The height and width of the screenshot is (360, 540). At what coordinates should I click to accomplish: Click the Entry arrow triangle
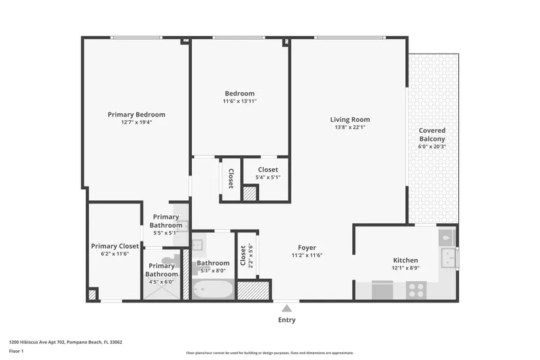coord(287,308)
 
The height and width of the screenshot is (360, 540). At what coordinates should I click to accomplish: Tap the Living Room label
coord(350,120)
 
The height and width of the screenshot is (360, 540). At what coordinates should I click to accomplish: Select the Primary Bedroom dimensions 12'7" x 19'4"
coord(136,122)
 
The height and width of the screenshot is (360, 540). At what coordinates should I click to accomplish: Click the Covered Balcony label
coord(432,135)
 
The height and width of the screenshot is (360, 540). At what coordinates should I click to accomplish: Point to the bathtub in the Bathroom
coord(213,289)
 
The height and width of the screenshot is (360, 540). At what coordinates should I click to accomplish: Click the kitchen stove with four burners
coord(416,290)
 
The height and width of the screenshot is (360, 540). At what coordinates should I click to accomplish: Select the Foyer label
coord(307,247)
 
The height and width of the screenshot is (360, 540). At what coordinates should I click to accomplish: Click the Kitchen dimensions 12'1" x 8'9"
coord(406,268)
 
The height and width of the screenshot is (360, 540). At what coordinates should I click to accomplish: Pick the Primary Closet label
coord(115,246)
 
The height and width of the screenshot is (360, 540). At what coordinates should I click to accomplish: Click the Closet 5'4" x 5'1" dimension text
coord(268,177)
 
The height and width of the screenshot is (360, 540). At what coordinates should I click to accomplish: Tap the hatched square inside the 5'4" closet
coord(250,193)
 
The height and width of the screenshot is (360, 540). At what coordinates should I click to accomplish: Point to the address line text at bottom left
coord(65,342)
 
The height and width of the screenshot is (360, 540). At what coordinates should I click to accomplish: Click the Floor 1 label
coord(16,351)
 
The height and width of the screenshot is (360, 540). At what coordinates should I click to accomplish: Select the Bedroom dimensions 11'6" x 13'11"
coord(240,101)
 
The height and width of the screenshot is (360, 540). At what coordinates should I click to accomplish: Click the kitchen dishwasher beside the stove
coord(382,290)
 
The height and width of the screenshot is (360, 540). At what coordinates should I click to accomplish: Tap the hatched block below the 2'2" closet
coord(253,291)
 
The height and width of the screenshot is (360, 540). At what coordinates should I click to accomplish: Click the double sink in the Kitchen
coord(448,257)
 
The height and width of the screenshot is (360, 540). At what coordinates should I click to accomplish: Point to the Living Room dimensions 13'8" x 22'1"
coord(350,127)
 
